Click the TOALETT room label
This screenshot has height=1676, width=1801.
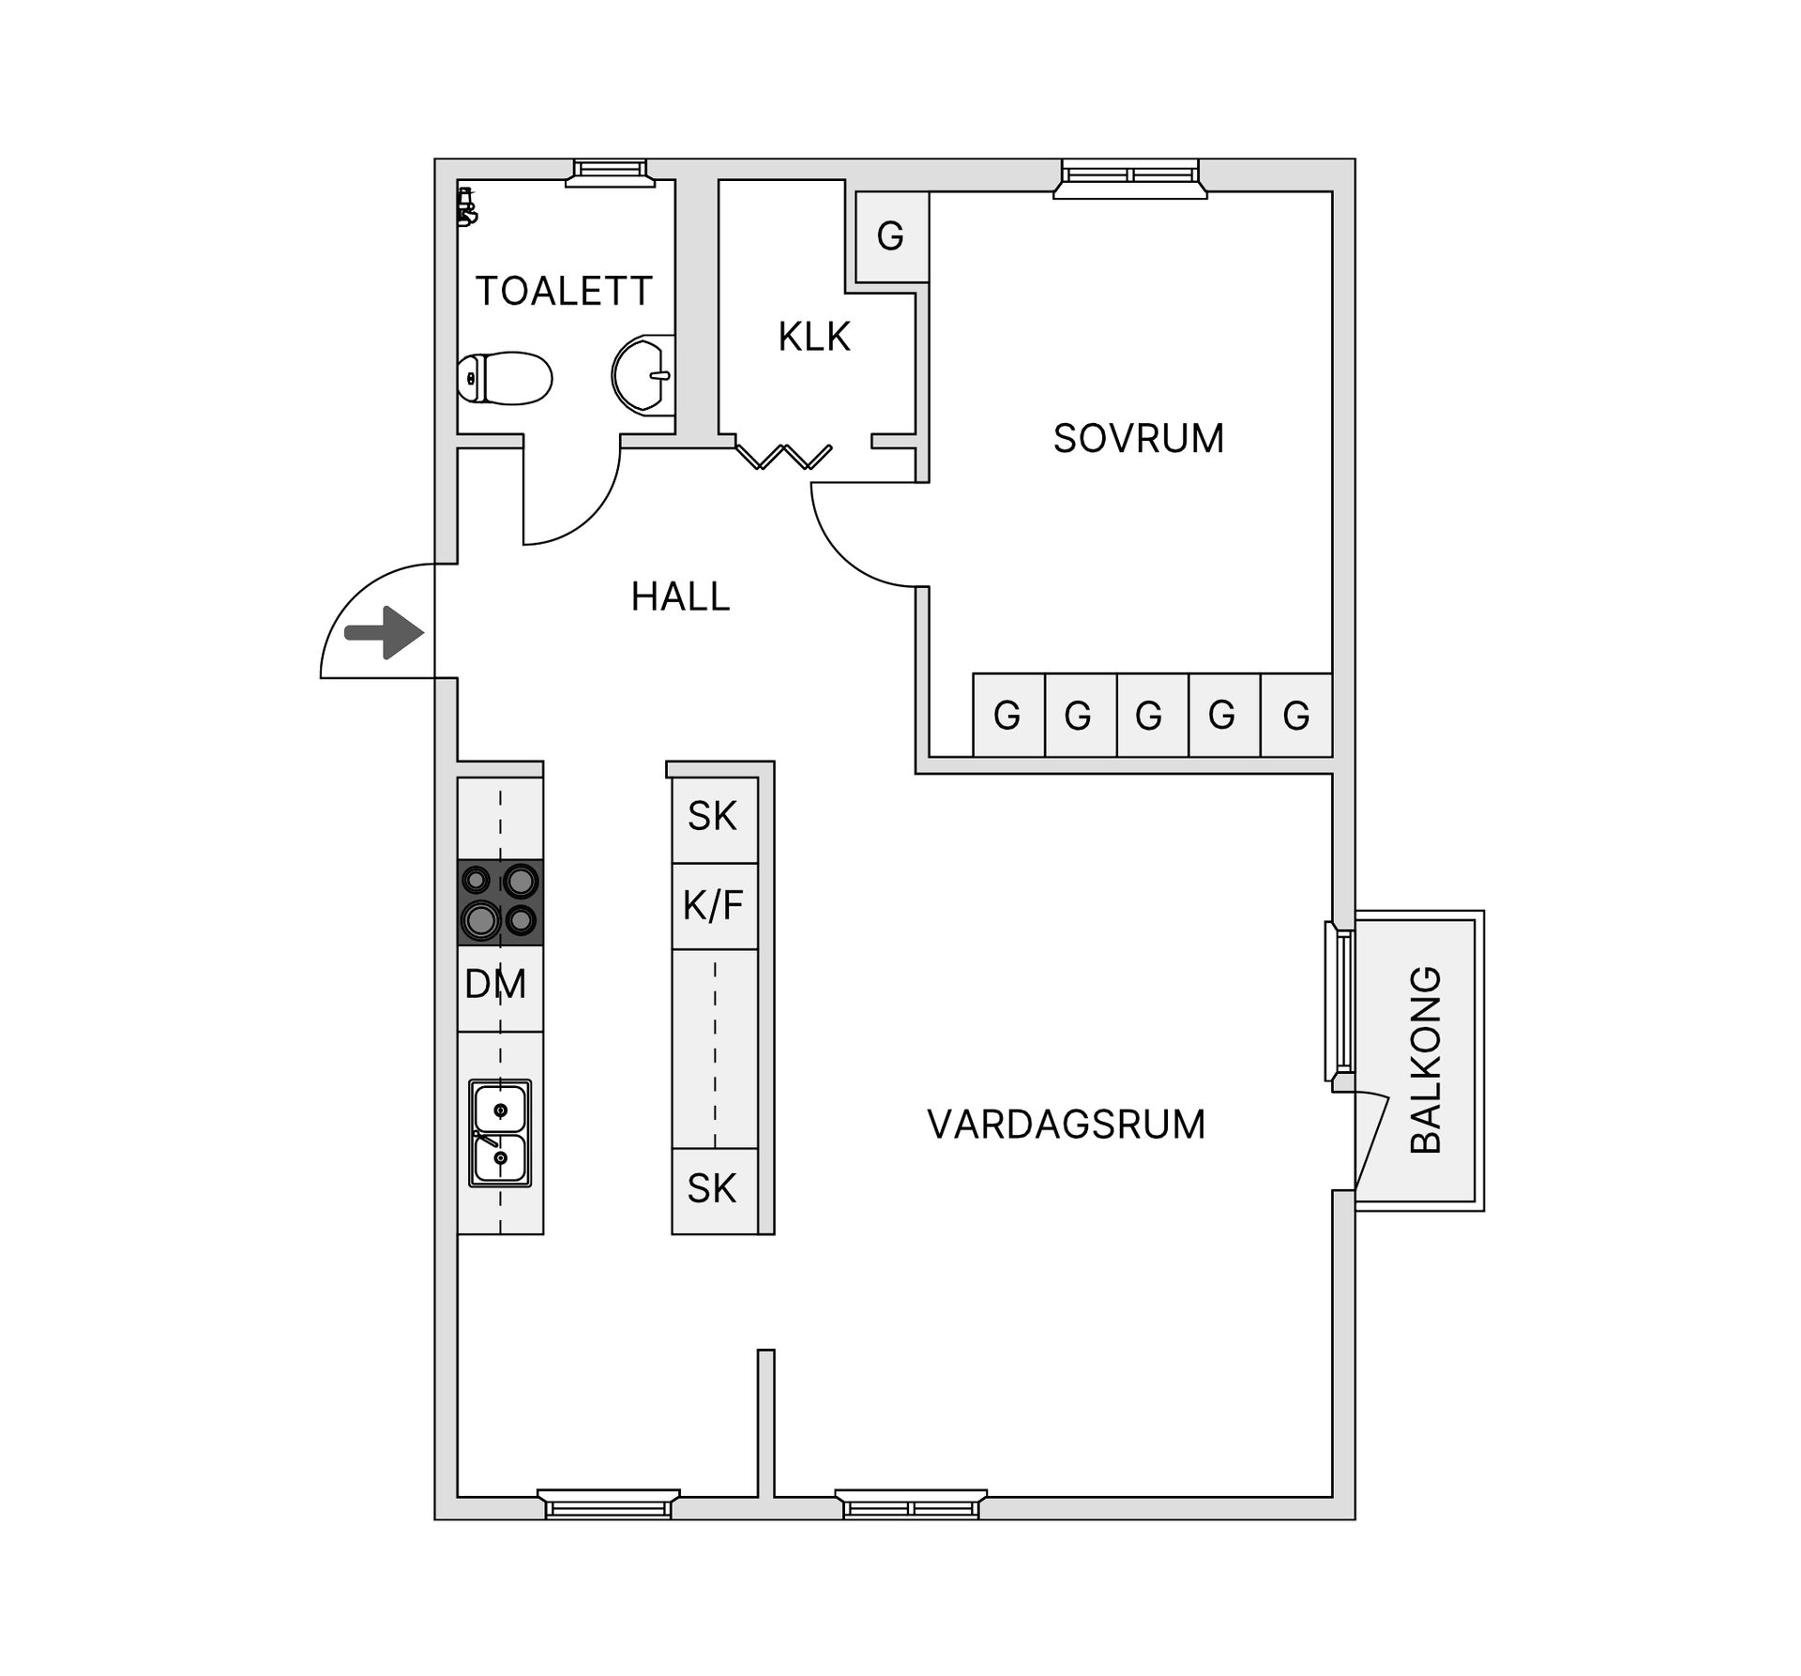coord(564,292)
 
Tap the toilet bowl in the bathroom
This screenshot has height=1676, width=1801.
coord(505,378)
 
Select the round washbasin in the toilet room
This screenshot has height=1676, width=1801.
coord(643,374)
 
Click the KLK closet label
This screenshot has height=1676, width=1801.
coord(814,337)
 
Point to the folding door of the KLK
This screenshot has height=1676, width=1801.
coord(783,457)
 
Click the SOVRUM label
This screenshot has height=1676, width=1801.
coord(1139,439)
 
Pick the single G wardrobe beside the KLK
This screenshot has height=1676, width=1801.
coord(892,236)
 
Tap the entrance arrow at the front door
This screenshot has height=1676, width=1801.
coord(385,633)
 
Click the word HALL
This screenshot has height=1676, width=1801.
coord(680,597)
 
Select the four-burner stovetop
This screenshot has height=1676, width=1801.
coord(500,902)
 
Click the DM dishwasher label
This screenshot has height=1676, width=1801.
coord(495,984)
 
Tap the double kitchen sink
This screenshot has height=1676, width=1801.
coord(500,1133)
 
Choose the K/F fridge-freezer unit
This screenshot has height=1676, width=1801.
coord(715,906)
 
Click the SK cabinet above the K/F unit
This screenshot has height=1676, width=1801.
coord(715,820)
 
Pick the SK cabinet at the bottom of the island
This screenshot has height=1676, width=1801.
coord(715,1190)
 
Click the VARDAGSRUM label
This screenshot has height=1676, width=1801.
coord(1067,1125)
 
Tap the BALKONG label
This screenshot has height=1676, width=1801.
coord(1426,1060)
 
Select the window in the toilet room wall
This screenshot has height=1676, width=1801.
coord(610,173)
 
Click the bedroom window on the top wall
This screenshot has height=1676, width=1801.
coord(1130,178)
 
